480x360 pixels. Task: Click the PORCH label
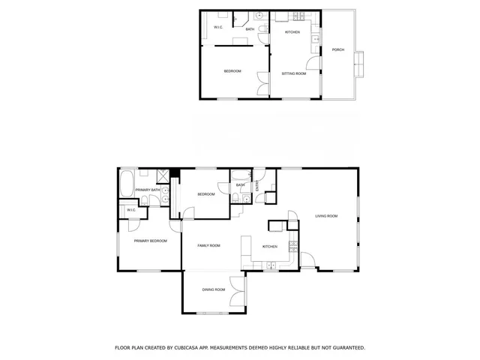pos(337,49)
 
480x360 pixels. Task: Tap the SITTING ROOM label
pos(293,73)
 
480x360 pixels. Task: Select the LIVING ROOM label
pos(326,216)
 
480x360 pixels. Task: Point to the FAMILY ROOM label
pos(208,245)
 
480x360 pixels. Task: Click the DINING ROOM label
pos(213,289)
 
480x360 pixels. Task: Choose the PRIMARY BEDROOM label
pos(150,241)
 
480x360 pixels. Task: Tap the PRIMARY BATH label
pos(148,190)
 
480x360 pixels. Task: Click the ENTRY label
pos(257,187)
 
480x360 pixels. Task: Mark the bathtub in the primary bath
pos(126,182)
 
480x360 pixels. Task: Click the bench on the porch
pos(359,64)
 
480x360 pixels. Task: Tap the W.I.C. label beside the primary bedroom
pos(131,210)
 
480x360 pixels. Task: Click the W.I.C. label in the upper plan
pos(218,28)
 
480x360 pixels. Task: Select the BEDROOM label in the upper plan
pos(232,71)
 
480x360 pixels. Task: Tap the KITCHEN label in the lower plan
pos(269,247)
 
